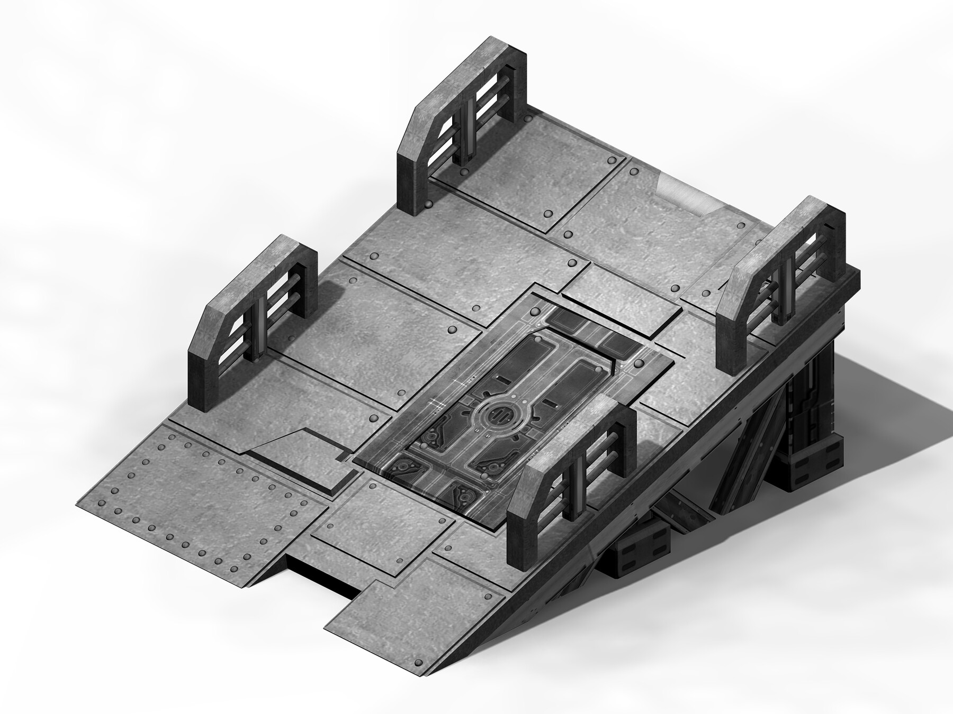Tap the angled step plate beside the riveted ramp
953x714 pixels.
pos(296,455)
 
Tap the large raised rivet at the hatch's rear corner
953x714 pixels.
pos(638,363)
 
